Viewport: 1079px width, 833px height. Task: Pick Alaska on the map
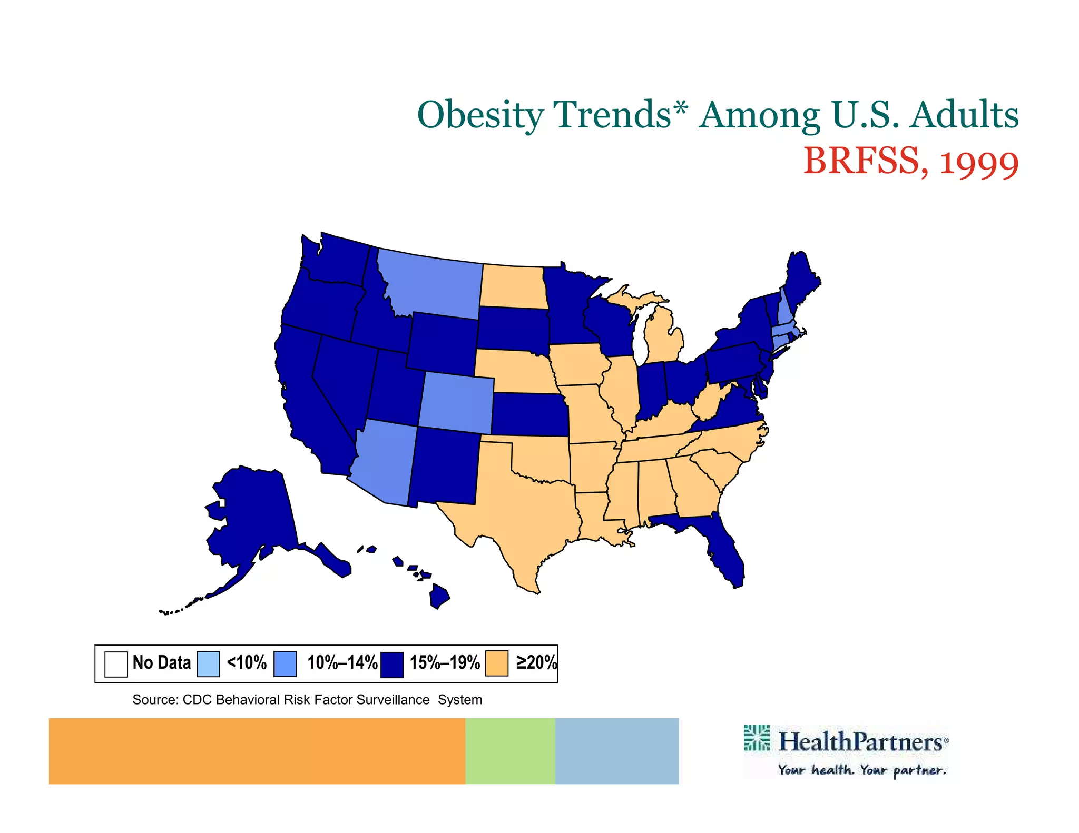coord(253,516)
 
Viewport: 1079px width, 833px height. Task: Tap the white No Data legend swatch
coord(116,664)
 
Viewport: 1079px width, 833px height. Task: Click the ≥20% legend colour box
coord(497,663)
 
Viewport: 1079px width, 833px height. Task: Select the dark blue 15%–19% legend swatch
coord(393,664)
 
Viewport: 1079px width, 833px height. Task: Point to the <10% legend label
coord(247,662)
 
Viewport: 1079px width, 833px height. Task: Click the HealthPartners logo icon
coord(757,738)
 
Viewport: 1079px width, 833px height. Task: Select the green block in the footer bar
coord(510,751)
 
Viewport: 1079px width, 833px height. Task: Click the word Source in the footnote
coord(154,700)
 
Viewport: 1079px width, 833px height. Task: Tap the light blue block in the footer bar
coord(616,751)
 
